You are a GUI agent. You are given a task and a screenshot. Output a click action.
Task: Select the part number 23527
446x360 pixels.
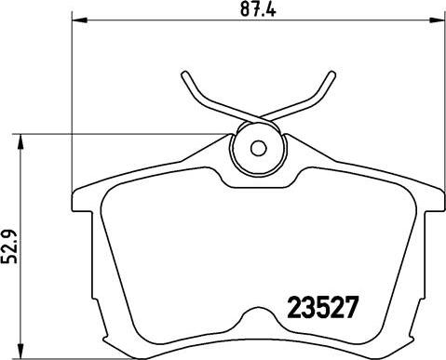click(317, 306)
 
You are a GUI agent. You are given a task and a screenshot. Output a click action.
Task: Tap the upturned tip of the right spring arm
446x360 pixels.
click(328, 75)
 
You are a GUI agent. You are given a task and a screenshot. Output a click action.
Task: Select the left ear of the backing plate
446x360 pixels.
click(82, 198)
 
